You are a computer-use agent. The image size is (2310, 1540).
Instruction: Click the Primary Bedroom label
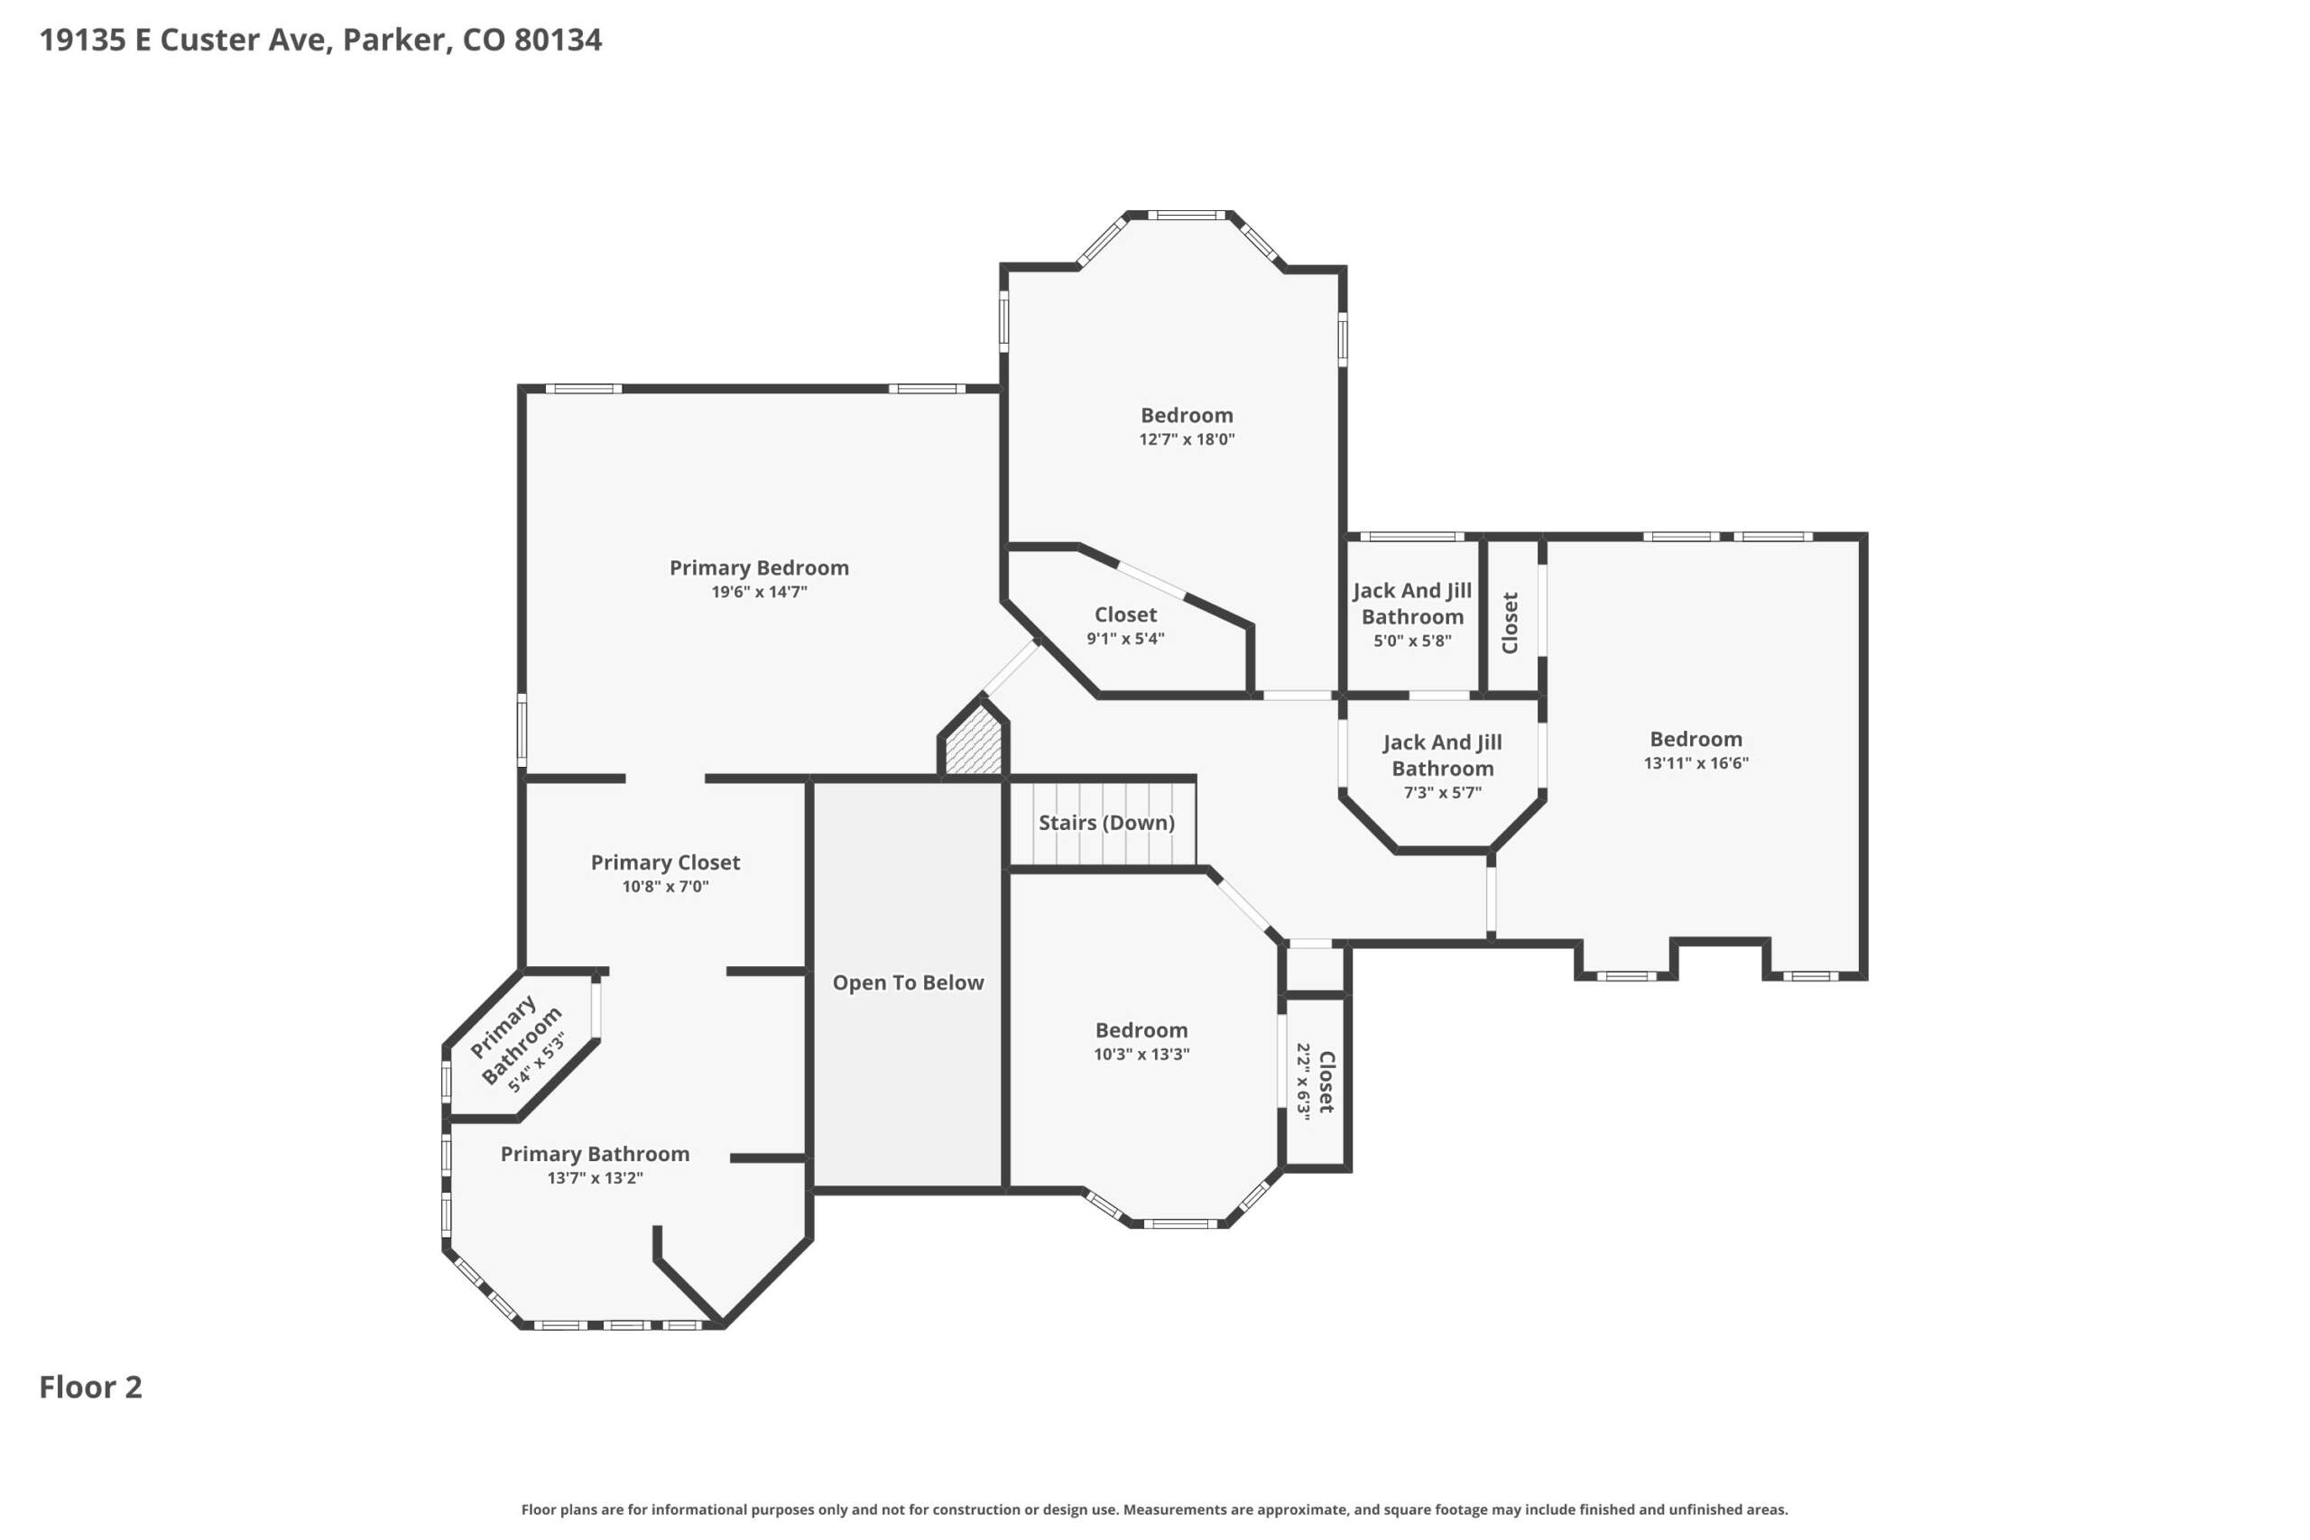point(758,567)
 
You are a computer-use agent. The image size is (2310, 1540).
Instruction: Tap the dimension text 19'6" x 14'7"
point(759,591)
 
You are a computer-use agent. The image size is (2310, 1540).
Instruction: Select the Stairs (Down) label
point(1106,822)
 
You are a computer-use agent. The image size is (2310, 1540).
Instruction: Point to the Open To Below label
point(908,982)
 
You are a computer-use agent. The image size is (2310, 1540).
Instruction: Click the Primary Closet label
point(665,862)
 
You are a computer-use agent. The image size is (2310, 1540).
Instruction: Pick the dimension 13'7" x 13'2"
point(596,1177)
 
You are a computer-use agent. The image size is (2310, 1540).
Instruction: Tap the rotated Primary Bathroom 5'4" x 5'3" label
point(519,1045)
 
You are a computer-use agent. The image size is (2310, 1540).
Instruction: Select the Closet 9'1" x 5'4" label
point(1125,625)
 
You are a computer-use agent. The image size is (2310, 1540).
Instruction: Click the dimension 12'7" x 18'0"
point(1187,439)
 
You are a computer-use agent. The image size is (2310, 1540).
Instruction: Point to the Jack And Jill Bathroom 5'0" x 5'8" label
point(1412,614)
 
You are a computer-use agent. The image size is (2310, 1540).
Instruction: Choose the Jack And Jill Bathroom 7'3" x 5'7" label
point(1442,767)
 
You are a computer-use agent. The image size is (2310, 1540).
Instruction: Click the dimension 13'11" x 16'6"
point(1696,762)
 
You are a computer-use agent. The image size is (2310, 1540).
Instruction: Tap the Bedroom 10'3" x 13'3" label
point(1141,1041)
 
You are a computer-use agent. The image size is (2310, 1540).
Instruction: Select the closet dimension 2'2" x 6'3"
point(1303,1082)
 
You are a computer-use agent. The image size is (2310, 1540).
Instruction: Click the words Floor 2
point(90,1387)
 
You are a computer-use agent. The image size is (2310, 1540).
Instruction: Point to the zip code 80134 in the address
point(558,40)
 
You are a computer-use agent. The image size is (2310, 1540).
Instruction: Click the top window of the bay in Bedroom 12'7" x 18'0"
point(1187,215)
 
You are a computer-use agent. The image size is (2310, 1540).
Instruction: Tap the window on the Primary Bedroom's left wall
point(522,730)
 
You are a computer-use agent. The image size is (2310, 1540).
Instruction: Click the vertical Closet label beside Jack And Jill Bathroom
point(1511,622)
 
